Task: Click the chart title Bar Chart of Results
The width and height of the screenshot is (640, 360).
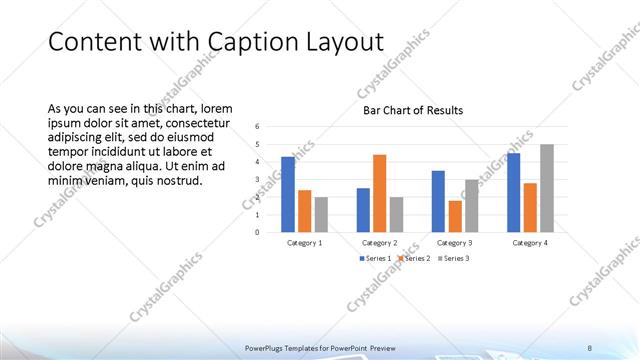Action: [412, 110]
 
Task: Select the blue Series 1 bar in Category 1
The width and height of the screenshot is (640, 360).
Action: [288, 194]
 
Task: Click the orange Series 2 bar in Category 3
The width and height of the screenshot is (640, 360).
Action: [455, 216]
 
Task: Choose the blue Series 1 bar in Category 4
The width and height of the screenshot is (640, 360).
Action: [513, 192]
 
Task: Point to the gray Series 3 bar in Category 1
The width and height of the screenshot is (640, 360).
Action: [321, 214]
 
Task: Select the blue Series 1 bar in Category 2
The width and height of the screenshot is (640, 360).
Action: [363, 210]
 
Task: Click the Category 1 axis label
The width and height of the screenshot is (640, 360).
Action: [304, 243]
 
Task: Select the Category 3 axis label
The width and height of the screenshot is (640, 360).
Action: [454, 243]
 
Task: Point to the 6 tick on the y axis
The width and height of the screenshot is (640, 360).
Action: [258, 127]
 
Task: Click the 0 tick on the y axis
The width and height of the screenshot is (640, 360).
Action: [258, 232]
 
